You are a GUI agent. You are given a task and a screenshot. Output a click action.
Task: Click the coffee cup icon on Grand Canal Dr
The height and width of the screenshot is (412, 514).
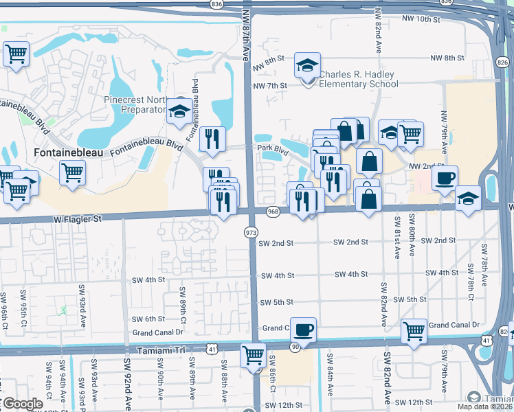click(x=302, y=329)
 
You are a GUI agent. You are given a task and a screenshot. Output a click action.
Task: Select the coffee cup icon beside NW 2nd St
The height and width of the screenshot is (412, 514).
click(x=445, y=178)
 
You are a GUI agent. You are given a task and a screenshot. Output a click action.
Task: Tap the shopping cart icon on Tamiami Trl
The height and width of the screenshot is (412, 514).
click(x=253, y=356)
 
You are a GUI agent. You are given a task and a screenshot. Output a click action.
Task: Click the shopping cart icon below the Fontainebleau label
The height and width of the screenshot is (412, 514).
click(x=72, y=172)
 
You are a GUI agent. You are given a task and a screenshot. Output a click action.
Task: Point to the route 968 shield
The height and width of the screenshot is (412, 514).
click(x=273, y=211)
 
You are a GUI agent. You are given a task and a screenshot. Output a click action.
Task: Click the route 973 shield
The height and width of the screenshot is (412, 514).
click(x=251, y=233)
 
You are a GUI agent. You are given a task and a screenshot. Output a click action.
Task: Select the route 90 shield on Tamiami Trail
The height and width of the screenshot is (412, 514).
click(x=294, y=347)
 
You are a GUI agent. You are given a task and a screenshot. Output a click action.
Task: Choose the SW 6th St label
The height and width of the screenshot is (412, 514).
click(x=149, y=319)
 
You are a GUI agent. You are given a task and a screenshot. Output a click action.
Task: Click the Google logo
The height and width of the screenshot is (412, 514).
click(x=22, y=404)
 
